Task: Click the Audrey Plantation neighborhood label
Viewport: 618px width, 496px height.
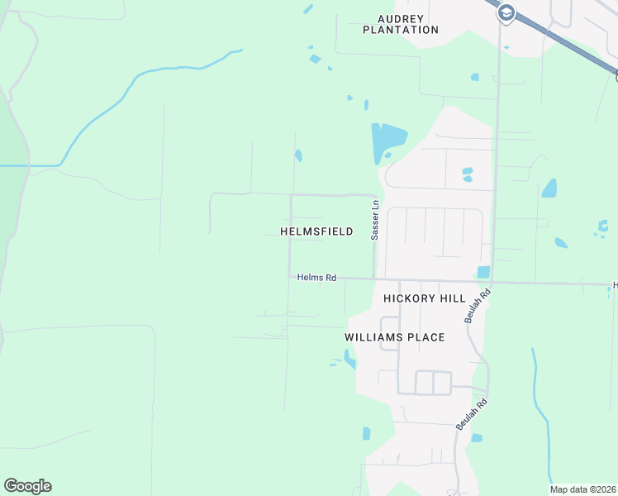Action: [401, 24]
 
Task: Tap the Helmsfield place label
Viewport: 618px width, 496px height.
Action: [317, 232]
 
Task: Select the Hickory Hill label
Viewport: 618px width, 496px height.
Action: [425, 298]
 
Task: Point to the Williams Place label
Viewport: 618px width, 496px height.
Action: [395, 337]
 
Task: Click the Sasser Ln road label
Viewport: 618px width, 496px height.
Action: [375, 221]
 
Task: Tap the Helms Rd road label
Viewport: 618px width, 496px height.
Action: [316, 278]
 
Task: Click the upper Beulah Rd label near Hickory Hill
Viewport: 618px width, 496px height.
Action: [478, 306]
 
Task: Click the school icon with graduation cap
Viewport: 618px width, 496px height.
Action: [506, 12]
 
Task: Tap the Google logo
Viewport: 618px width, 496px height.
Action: [27, 486]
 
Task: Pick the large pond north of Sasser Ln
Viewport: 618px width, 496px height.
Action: [387, 141]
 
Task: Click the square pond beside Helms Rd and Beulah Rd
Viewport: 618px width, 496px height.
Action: [483, 272]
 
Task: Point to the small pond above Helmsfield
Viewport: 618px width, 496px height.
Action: [298, 155]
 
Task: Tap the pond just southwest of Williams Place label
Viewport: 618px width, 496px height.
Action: [349, 359]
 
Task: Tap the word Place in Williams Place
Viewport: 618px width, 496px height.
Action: [426, 337]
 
